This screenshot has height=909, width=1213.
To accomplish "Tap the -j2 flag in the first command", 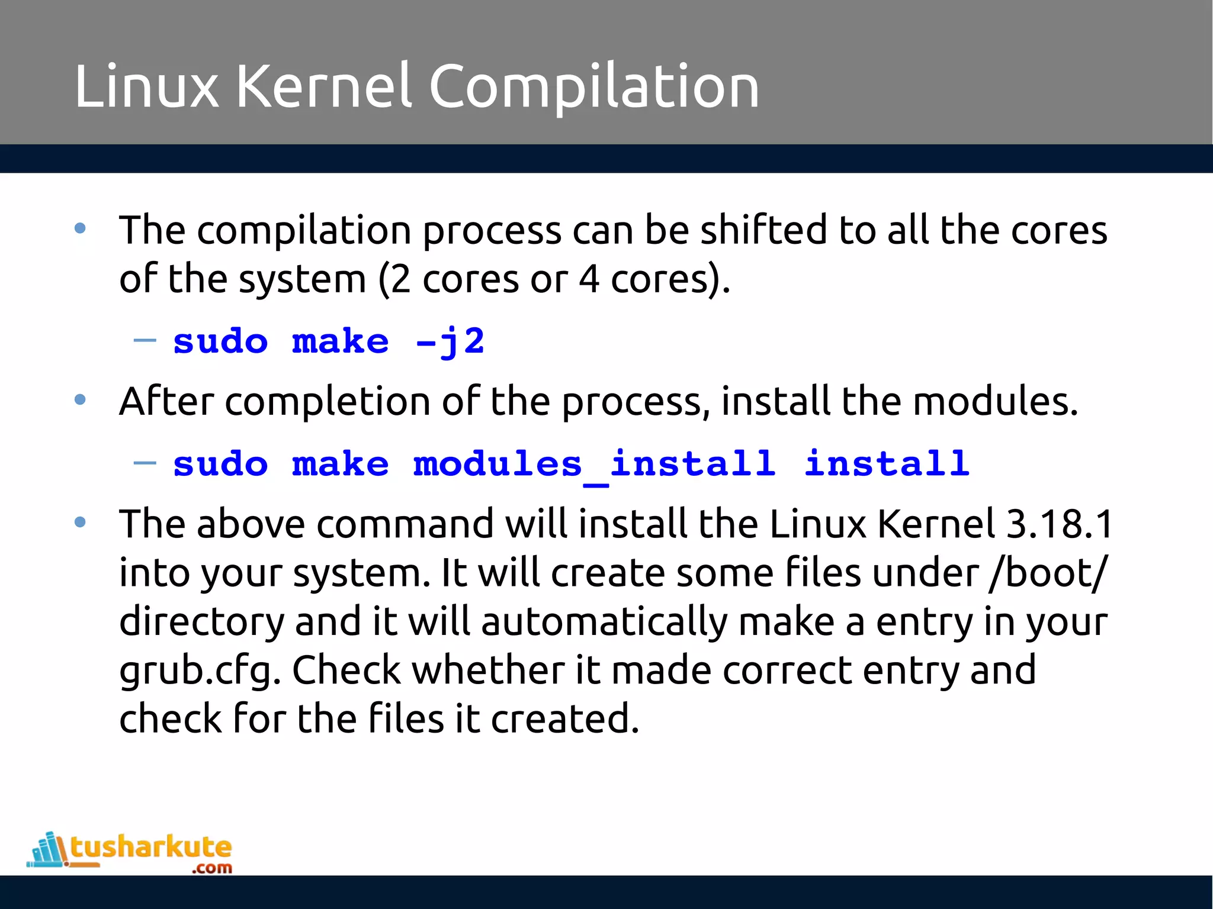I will coord(450,341).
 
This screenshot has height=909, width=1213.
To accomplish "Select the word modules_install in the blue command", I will coord(594,463).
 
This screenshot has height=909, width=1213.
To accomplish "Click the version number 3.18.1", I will coord(1060,524).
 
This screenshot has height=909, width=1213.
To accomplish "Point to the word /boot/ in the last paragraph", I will coord(1047,573).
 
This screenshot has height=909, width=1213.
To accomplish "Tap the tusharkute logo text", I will coord(151,847).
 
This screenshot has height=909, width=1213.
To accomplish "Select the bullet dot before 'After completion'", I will coord(80,401).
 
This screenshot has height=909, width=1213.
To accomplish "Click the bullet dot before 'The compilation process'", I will coord(80,228).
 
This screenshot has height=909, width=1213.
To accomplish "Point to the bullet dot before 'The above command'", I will coord(80,523).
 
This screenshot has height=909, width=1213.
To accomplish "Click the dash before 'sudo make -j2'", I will coord(145,340).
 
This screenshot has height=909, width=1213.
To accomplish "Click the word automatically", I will coord(605,622).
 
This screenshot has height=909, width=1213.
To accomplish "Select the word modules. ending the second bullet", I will coord(995,402).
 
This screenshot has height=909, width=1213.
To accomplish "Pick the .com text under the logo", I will coord(211,869).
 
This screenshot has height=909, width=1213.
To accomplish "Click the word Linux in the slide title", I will coord(146,87).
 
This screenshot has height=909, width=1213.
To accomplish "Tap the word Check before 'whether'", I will coord(346,671).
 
